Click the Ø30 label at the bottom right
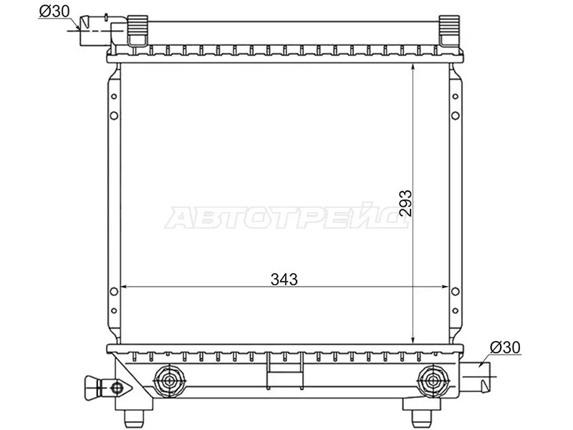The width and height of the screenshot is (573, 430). point(505,348)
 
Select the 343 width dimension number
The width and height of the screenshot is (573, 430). point(284,279)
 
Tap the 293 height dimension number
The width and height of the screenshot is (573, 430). point(405,203)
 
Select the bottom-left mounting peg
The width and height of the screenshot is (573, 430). point(135,415)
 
